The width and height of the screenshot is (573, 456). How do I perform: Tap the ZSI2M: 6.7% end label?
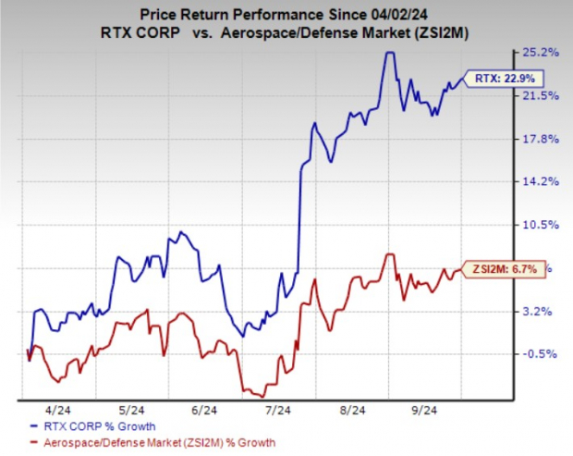(x=503, y=269)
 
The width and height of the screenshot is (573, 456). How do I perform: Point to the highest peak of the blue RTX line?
(x=389, y=53)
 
